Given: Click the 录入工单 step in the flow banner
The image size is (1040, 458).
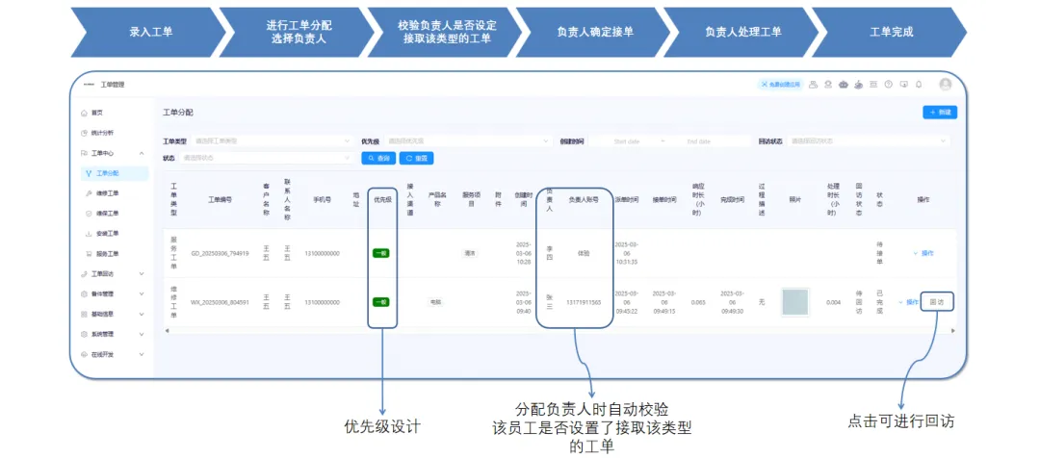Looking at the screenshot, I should pyautogui.click(x=151, y=32).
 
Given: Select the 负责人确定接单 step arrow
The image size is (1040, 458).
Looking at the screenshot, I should pyautogui.click(x=594, y=32).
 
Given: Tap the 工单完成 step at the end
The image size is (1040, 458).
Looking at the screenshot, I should pyautogui.click(x=891, y=32).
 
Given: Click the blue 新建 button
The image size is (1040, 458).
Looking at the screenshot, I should pyautogui.click(x=940, y=113).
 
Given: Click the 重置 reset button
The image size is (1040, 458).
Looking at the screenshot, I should pyautogui.click(x=417, y=158).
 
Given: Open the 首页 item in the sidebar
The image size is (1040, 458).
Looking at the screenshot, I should pyautogui.click(x=96, y=113).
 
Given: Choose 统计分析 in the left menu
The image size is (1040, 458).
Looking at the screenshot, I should pyautogui.click(x=102, y=133).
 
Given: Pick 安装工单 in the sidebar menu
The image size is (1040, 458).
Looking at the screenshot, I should pyautogui.click(x=108, y=234).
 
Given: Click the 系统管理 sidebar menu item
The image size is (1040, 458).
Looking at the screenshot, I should pyautogui.click(x=102, y=334).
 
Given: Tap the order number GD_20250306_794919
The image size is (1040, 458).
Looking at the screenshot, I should pyautogui.click(x=220, y=253).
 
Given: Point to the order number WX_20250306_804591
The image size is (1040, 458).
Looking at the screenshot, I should pyautogui.click(x=220, y=302).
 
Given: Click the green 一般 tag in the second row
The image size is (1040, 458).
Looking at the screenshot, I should pyautogui.click(x=381, y=302).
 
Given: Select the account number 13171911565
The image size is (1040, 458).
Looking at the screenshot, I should pyautogui.click(x=584, y=302).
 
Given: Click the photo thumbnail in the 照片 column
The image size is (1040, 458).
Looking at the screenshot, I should pyautogui.click(x=795, y=302).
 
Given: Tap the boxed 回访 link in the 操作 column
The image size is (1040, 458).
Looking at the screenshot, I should pyautogui.click(x=937, y=302).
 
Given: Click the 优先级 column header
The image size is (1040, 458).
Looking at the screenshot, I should pyautogui.click(x=381, y=200).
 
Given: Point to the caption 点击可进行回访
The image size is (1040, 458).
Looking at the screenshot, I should pyautogui.click(x=901, y=421).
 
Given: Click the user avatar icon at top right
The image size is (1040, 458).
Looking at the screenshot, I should pyautogui.click(x=945, y=85).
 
